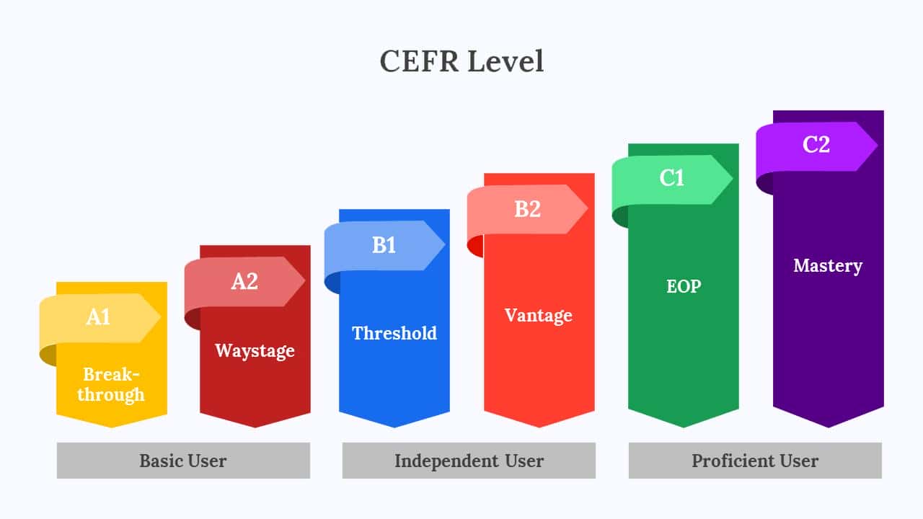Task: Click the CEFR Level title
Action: pyautogui.click(x=461, y=61)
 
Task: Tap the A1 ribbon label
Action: pyautogui.click(x=98, y=317)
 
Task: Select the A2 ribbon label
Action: pyautogui.click(x=244, y=281)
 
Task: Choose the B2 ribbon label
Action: pyautogui.click(x=527, y=209)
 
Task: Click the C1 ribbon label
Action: pyautogui.click(x=671, y=177)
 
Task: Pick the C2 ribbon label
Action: pyautogui.click(x=816, y=145)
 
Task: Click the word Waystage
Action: pyautogui.click(x=255, y=351)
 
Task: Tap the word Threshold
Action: pyautogui.click(x=394, y=333)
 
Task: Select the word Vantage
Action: pyautogui.click(x=539, y=316)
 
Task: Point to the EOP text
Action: pyautogui.click(x=684, y=286)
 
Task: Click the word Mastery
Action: pyautogui.click(x=828, y=266)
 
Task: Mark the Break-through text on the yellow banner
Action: pyautogui.click(x=111, y=384)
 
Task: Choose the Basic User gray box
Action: pyautogui.click(x=183, y=461)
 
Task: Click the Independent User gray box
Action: pyautogui.click(x=469, y=461)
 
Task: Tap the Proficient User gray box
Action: pyautogui.click(x=755, y=461)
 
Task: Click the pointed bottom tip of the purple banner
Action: pyautogui.click(x=829, y=427)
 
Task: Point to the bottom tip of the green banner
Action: pyautogui.click(x=684, y=427)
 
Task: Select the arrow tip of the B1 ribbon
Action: pyautogui.click(x=446, y=244)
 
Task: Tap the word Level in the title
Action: pyautogui.click(x=506, y=61)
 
